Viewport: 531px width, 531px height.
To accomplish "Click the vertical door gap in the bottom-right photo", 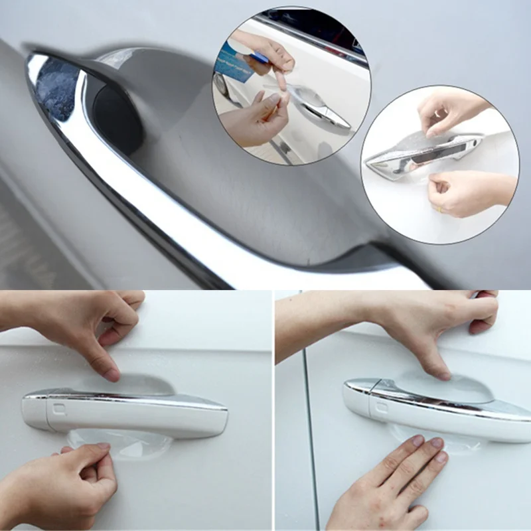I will (309, 431).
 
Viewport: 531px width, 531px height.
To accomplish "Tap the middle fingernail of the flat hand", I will (435, 443).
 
